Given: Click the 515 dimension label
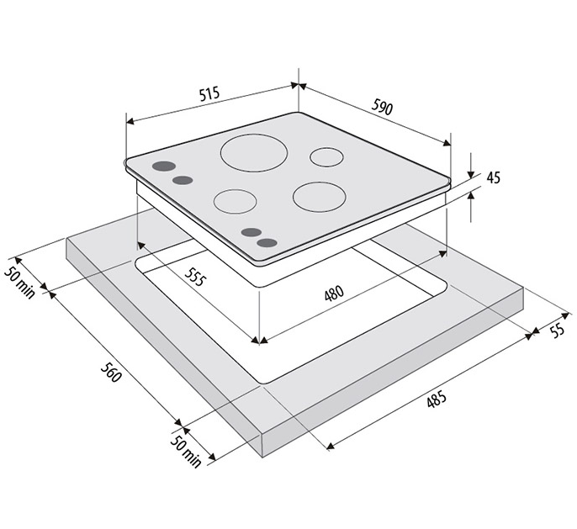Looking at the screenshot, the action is [x=209, y=93].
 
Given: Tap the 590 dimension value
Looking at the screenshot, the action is [x=382, y=107].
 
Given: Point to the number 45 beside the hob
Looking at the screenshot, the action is [x=494, y=177].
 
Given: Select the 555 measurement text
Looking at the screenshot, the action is [x=194, y=277].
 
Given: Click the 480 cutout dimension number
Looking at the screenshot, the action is [x=334, y=294].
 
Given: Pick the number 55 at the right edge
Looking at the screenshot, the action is [x=558, y=331].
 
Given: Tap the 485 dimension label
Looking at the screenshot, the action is [x=437, y=399].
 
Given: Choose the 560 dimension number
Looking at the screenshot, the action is [x=110, y=372].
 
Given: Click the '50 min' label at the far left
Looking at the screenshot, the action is [x=20, y=282].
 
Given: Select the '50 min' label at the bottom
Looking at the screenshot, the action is [x=186, y=452].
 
